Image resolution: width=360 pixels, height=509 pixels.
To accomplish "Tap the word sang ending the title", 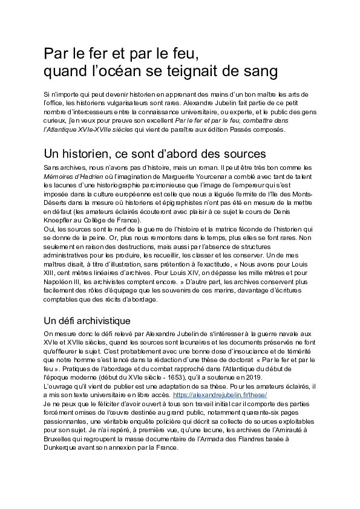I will point(260,71).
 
